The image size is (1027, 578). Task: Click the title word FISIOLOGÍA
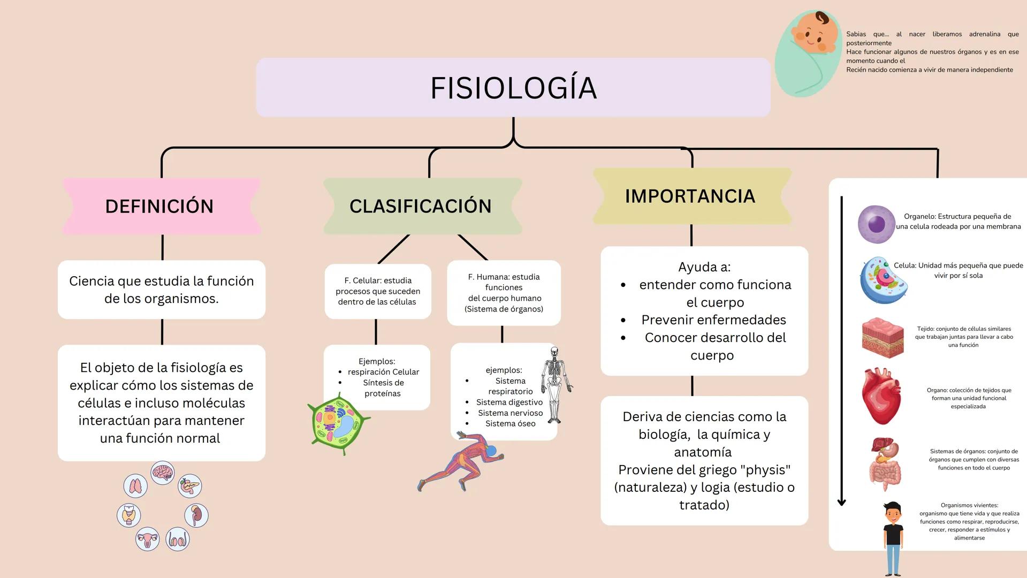point(513,88)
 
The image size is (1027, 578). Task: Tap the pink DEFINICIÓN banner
point(159,206)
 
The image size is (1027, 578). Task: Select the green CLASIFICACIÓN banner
point(421,206)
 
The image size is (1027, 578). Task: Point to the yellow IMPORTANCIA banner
point(690,196)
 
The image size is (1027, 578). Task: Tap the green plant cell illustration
point(338,423)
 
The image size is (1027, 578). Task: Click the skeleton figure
point(556,383)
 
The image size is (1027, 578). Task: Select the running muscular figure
point(461,461)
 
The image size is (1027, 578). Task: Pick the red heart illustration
point(881,397)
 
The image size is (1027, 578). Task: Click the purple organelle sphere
point(877,224)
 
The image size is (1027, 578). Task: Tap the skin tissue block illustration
point(883,337)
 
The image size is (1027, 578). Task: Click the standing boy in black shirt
point(893,538)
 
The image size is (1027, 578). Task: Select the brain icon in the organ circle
point(163,473)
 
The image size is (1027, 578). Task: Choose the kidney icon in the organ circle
point(196,515)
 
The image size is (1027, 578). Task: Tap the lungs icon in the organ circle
point(135,486)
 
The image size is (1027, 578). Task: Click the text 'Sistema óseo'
point(510,423)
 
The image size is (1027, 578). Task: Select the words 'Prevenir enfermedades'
point(713,320)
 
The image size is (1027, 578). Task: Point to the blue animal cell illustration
point(884,280)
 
